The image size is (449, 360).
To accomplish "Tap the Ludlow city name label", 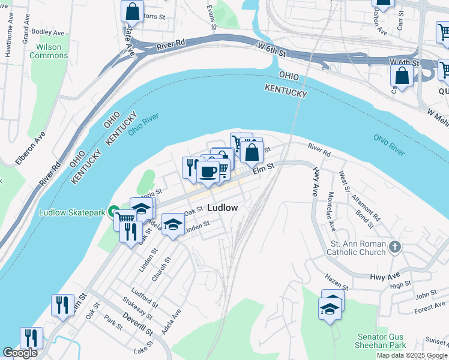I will point(222,208).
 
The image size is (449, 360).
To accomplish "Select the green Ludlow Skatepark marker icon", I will point(112,212).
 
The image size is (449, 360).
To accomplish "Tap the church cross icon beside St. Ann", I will point(394,247).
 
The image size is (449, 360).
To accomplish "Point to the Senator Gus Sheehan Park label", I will point(382,341).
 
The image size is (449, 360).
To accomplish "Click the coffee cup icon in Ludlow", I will point(208,172).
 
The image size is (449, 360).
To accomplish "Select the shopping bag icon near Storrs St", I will point(131,11).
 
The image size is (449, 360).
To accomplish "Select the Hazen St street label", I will point(336,282).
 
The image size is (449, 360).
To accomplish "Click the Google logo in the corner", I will point(20,353).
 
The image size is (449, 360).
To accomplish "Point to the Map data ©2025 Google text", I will point(412,356).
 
